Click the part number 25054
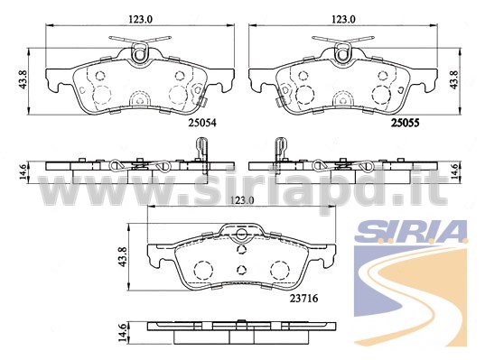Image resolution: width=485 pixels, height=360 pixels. pos(202,123)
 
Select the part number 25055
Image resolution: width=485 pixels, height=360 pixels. pos(406,123)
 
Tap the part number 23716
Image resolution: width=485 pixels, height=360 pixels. pos(303,299)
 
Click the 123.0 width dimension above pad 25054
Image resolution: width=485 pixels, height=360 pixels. pos(141,19)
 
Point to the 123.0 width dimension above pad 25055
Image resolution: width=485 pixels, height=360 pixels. pos(343,19)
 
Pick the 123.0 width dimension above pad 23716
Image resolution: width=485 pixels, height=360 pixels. pos(242,200)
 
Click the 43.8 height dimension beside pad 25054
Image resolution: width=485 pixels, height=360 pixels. pos(23,79)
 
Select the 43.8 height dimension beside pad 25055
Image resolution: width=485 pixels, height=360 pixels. pos(454,79)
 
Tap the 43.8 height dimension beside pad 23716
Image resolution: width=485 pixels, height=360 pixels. pos(123,256)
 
